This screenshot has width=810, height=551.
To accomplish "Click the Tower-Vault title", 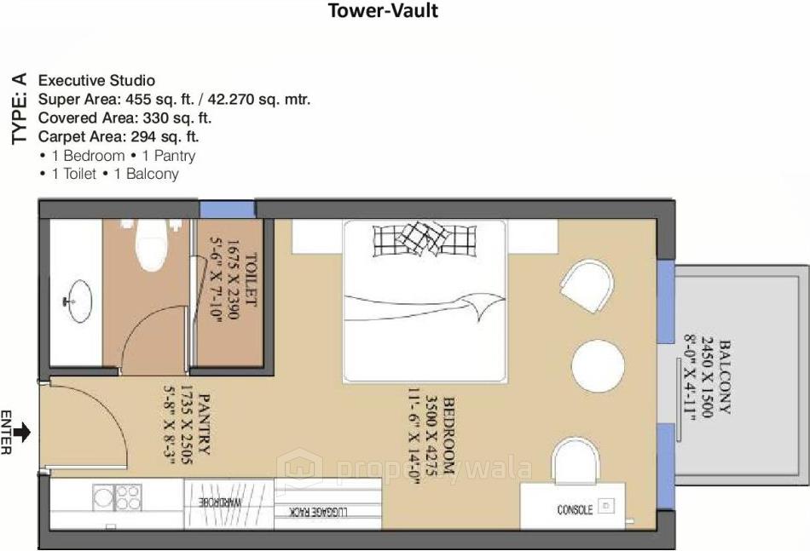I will coord(384,11).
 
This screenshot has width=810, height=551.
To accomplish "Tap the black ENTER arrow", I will coord(22,433).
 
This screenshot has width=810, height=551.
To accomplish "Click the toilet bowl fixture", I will coord(152,240).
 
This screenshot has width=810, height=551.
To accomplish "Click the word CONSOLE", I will coord(575,509).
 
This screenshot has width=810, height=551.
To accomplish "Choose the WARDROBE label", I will coord(228,502).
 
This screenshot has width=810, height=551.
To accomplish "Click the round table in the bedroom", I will coord(598,365).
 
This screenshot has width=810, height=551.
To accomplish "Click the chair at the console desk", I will coord(576,461).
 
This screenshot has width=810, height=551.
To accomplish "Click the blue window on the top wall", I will coord(228,209).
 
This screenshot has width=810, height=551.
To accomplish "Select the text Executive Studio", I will coord(96,80).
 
